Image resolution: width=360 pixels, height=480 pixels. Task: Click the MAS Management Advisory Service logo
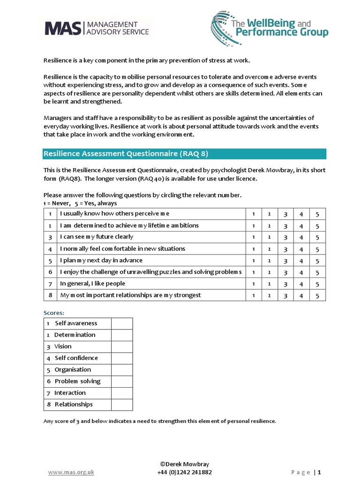click(x=97, y=28)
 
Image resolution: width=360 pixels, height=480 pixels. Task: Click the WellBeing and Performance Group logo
click(x=270, y=28)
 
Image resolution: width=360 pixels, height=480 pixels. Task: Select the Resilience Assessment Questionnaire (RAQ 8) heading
click(x=126, y=154)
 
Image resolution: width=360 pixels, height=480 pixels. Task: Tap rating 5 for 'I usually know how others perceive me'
click(x=317, y=214)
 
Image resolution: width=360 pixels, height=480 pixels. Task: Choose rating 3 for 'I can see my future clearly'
click(x=285, y=238)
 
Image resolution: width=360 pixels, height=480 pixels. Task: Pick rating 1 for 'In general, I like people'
click(x=254, y=284)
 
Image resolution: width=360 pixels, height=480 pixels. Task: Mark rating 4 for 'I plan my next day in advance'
click(x=301, y=261)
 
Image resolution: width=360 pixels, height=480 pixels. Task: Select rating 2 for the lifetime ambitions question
click(x=270, y=226)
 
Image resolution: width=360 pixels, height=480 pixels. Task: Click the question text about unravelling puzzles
click(x=150, y=272)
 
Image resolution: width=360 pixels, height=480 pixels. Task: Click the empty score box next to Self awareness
click(x=122, y=323)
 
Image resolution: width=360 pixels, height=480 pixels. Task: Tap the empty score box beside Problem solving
click(x=122, y=382)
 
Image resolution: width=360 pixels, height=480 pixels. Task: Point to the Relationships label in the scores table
click(x=74, y=405)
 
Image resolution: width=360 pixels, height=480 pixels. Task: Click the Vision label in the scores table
click(x=63, y=346)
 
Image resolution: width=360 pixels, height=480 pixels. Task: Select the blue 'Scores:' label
click(x=54, y=313)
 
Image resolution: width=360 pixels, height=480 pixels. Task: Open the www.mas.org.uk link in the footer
click(x=71, y=472)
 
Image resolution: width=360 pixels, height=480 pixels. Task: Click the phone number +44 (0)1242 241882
click(x=184, y=472)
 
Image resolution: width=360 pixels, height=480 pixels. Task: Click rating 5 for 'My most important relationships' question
click(x=317, y=296)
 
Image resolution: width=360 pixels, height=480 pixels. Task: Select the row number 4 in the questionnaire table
click(x=50, y=249)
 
